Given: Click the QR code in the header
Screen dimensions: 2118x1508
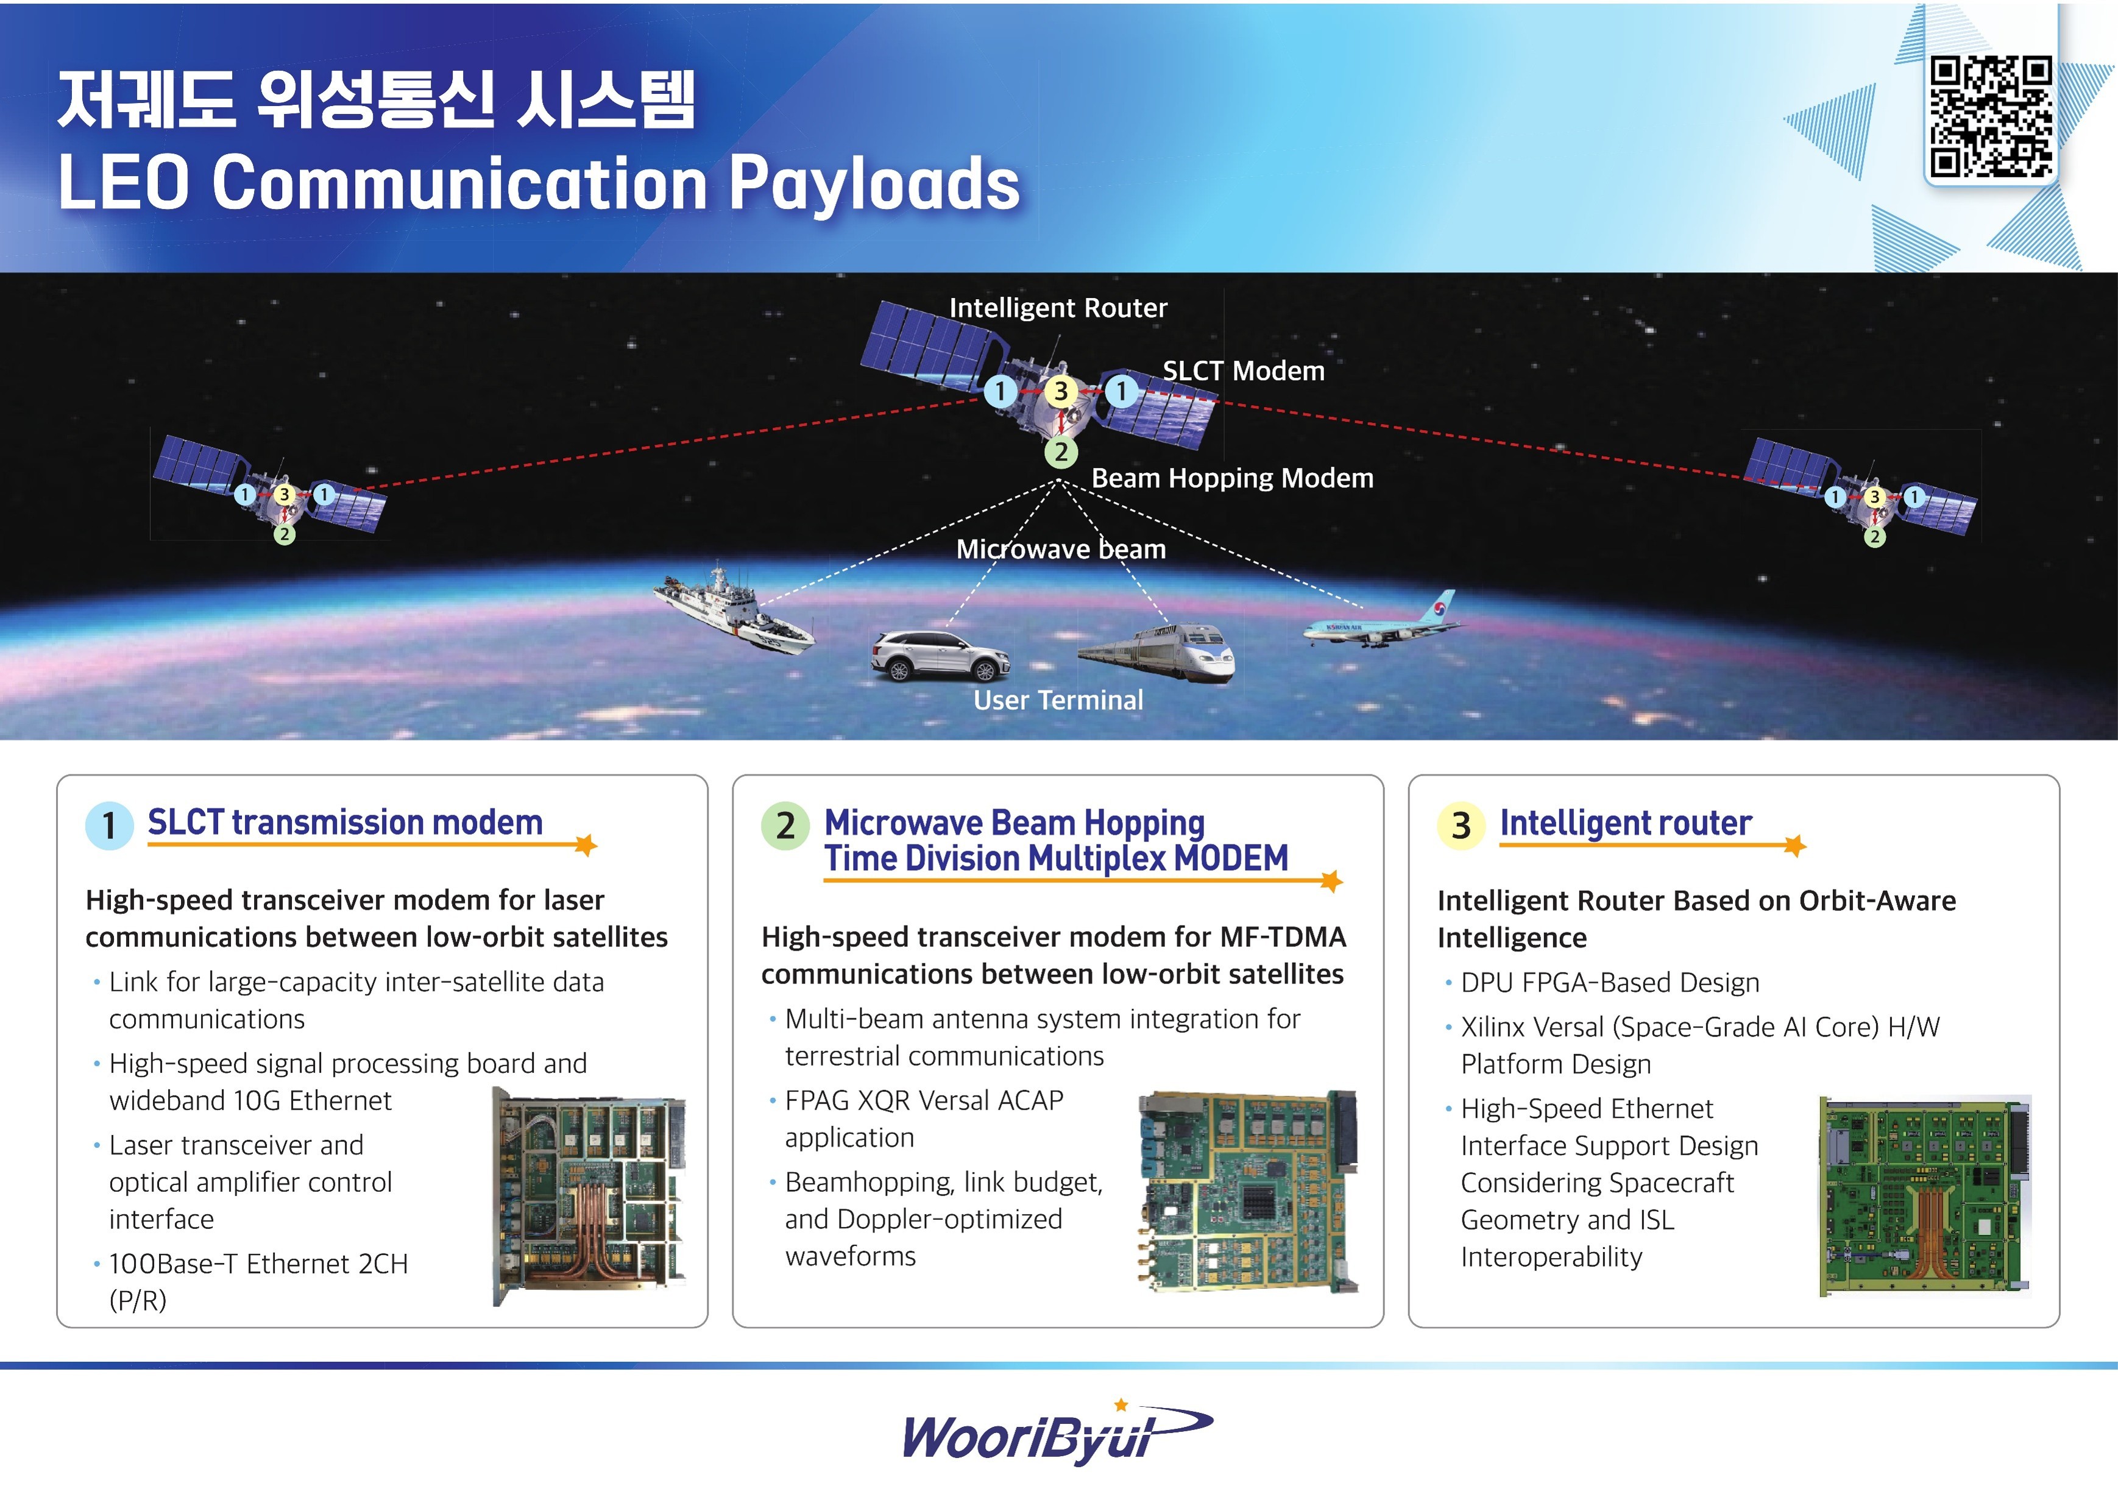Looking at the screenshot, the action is click(1991, 116).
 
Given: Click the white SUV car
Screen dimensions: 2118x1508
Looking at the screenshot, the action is click(940, 654).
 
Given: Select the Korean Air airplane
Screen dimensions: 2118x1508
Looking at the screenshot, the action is click(1380, 620).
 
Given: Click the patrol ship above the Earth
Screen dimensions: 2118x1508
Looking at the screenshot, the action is click(734, 608).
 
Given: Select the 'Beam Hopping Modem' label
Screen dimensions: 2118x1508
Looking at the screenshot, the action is click(1232, 478).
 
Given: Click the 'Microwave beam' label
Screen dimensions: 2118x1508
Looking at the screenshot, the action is click(1060, 549).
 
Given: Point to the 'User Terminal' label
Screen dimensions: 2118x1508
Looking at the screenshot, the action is click(1058, 700).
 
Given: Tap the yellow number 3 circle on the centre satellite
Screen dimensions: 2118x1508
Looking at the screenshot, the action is click(1060, 392).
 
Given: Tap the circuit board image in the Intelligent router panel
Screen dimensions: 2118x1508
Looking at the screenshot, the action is click(1924, 1196).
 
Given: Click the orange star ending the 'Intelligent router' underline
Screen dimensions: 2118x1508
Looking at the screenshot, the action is click(1795, 845).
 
